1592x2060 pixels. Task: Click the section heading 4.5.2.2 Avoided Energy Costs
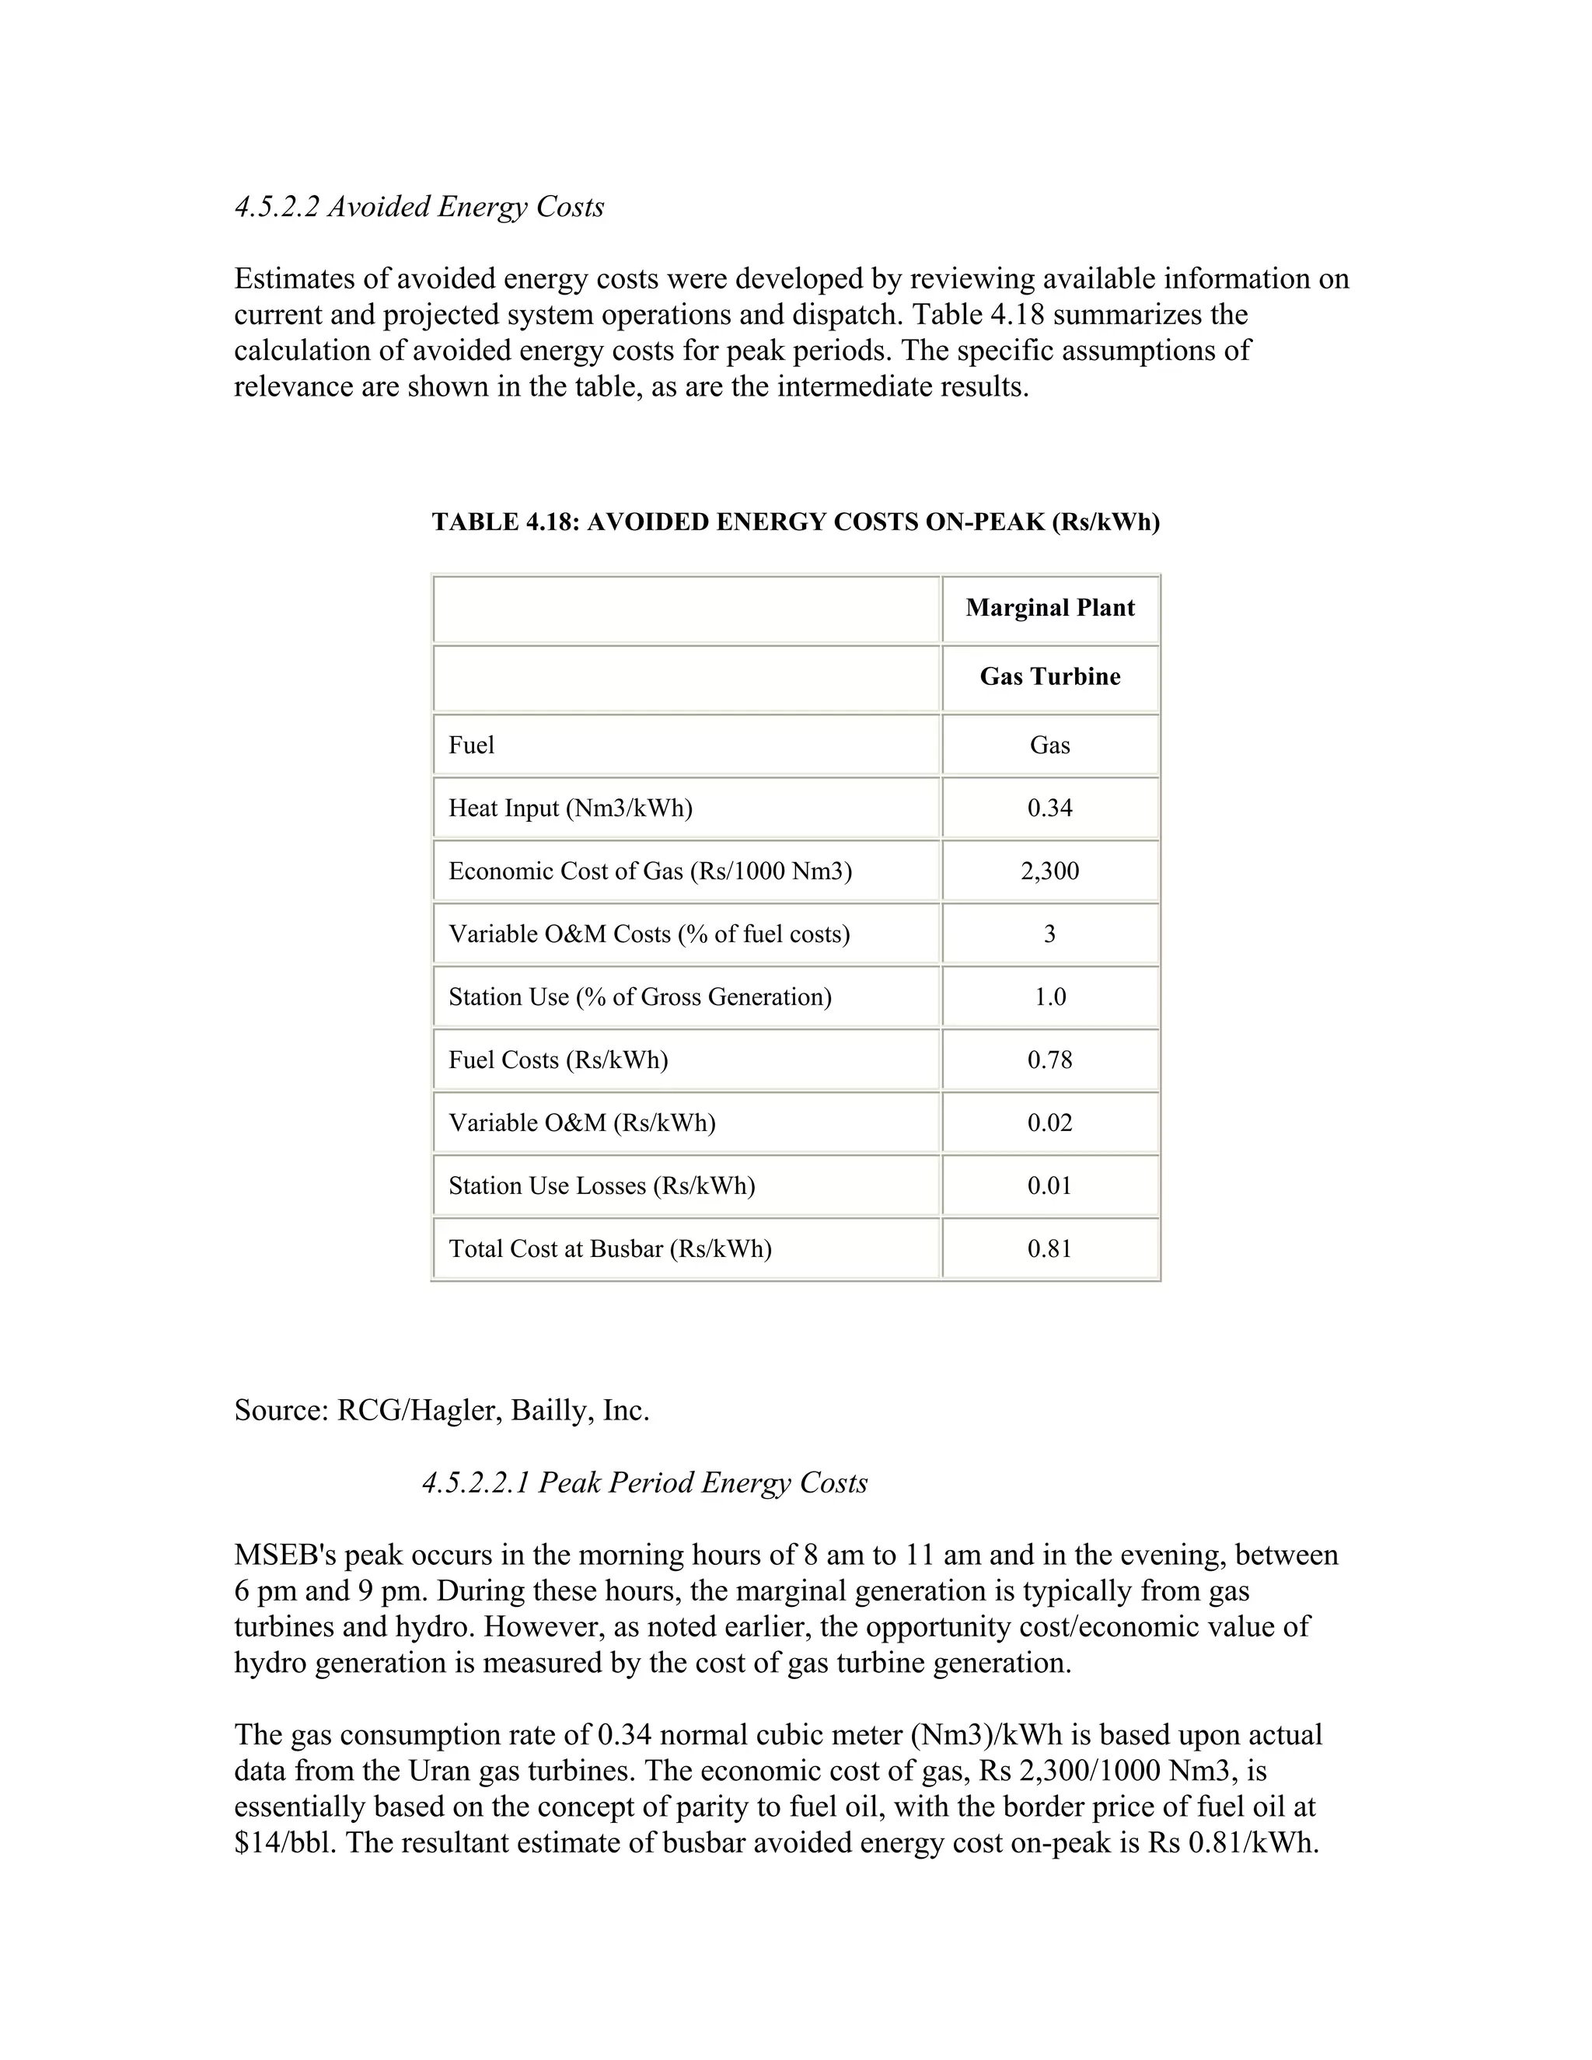click(419, 207)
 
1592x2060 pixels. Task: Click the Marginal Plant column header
click(1049, 607)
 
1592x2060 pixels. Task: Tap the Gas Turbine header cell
click(1049, 676)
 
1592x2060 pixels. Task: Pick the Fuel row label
click(472, 745)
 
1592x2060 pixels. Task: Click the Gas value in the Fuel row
click(1049, 745)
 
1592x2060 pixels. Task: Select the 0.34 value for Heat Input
click(1049, 808)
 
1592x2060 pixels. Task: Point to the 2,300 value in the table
click(1049, 871)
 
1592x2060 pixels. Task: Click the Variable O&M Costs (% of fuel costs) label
click(649, 934)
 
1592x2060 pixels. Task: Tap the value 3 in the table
click(1049, 934)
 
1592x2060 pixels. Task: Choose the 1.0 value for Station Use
click(1049, 997)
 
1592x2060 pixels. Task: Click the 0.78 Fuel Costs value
click(1049, 1060)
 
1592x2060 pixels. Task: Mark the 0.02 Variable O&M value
click(1049, 1123)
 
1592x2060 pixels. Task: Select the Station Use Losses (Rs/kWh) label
click(602, 1185)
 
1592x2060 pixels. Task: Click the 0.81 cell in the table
click(1049, 1249)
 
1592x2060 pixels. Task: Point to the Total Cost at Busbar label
click(609, 1249)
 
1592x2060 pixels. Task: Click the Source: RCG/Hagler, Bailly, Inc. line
click(442, 1410)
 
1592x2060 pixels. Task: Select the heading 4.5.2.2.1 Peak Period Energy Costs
click(644, 1482)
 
